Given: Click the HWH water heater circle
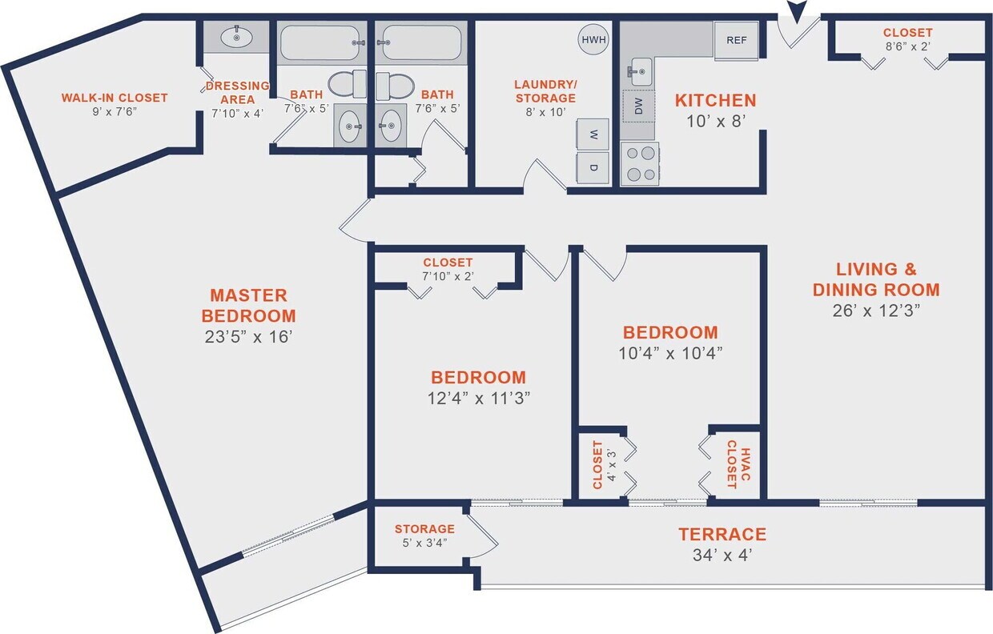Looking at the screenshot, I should (x=593, y=39).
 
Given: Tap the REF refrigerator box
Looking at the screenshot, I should (x=736, y=40).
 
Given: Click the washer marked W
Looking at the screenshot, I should (x=593, y=134).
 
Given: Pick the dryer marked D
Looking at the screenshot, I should (x=593, y=168).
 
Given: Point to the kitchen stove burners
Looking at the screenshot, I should (x=640, y=164).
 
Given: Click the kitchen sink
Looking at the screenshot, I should (x=639, y=71).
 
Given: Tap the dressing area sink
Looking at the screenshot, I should (x=236, y=36).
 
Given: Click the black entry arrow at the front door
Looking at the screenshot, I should (x=796, y=12).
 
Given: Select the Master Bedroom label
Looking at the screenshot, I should (x=248, y=305).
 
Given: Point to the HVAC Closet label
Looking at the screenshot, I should (x=731, y=464).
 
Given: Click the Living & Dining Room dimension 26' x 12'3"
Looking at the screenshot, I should (x=876, y=311).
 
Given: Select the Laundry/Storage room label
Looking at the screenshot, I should (x=545, y=91).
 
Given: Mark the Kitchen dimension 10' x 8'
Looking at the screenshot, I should (x=715, y=122).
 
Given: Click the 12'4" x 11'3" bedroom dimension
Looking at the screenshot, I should (x=478, y=399).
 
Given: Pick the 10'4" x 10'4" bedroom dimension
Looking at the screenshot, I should (x=670, y=354).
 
